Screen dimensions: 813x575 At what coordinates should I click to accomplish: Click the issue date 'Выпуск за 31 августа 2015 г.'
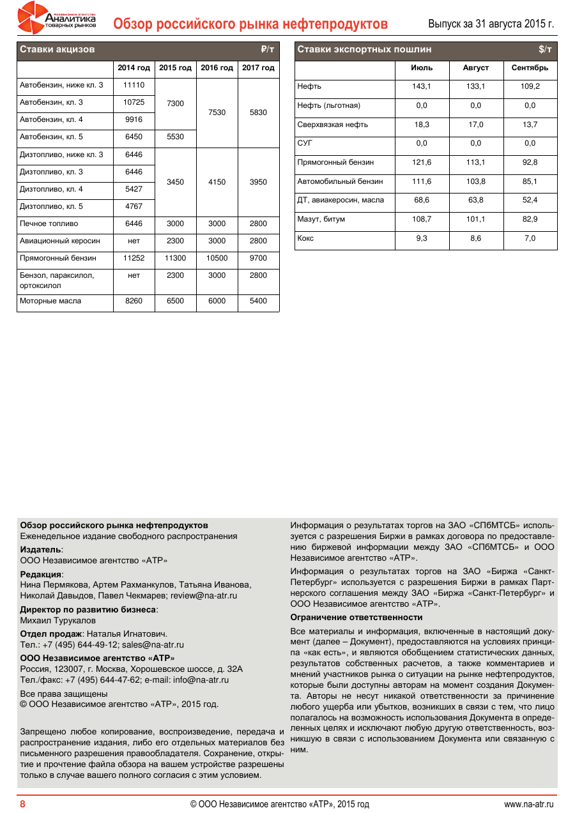pos(491,24)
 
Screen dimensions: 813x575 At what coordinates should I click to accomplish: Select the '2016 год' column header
pos(217,68)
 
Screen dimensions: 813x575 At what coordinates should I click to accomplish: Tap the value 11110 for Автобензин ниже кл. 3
pos(134,86)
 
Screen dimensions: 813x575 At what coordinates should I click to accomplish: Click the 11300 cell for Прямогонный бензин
pos(175,259)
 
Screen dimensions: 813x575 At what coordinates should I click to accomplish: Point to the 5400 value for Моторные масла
pos(258,301)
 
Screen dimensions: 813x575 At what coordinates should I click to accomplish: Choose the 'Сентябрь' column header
pos(530,68)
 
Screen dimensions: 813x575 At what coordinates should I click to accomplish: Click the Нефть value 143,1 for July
pos(422,87)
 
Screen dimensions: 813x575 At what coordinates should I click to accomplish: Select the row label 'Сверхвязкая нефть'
pos(332,125)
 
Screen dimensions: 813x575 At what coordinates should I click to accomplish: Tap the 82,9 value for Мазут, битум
pos(530,220)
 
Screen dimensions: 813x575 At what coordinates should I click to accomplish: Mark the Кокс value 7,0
pos(530,239)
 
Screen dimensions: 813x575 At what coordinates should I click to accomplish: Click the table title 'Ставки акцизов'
pos(57,50)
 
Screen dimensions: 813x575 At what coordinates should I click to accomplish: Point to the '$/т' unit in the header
pos(545,50)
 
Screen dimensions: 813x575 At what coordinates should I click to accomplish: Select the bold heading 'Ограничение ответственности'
pos(356,618)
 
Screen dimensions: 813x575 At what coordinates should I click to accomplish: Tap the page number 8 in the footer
pos(22,804)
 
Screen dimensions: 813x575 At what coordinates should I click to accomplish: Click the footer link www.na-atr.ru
pos(529,804)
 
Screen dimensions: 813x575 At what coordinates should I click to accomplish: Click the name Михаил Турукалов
pos(58,621)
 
